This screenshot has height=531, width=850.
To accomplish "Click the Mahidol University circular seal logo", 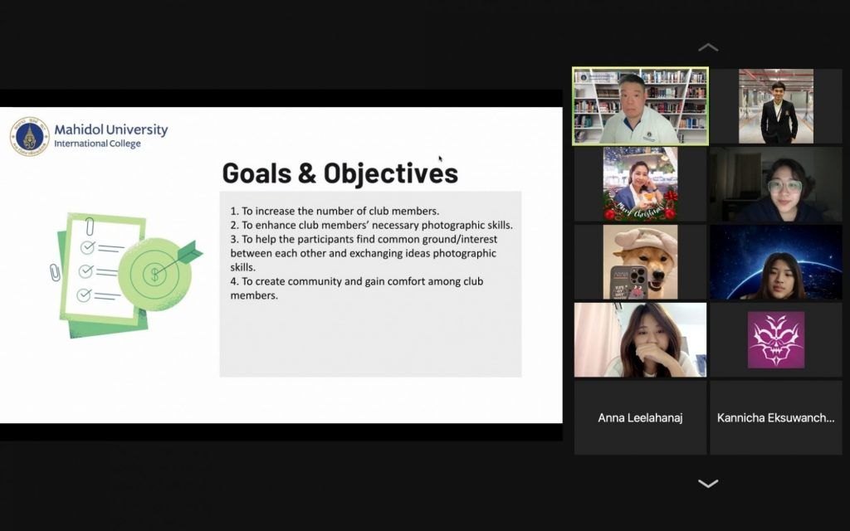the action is (30, 136).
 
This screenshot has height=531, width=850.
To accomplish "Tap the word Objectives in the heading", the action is (391, 173).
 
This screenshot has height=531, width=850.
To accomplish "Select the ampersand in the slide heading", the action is (307, 173).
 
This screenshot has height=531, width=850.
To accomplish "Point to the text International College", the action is (97, 144).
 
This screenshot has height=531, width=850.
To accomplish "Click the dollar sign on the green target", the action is (154, 274).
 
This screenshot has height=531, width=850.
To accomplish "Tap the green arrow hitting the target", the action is (180, 258).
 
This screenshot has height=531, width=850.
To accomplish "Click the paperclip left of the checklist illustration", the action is (55, 272).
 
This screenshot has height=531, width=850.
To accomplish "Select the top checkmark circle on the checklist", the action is (87, 247).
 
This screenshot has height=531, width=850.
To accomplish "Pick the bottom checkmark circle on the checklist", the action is (84, 295).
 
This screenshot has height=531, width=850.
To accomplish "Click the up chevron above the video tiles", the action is (708, 47).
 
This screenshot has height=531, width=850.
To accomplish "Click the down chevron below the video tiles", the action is (708, 484).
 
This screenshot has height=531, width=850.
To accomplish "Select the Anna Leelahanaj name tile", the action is (640, 418).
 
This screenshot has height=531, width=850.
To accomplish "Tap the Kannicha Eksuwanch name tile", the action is (776, 418).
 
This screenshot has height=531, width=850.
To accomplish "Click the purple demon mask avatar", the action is (776, 339).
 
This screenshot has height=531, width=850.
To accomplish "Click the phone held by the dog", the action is (629, 282).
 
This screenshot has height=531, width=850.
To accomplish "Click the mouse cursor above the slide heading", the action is (441, 158).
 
